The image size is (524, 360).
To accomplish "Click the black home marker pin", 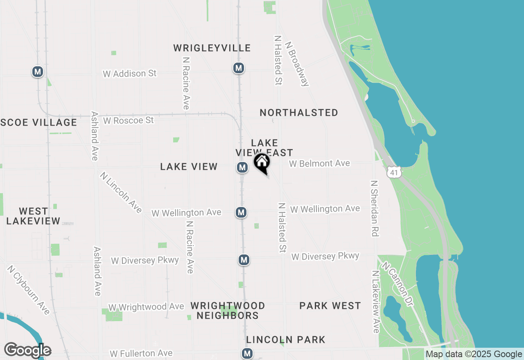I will [262, 163].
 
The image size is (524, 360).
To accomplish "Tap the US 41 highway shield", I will [393, 172].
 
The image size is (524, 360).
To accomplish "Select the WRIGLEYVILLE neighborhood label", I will [212, 48].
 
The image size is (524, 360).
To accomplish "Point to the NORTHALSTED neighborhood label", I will [299, 112].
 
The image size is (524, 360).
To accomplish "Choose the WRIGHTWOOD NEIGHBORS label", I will [228, 310].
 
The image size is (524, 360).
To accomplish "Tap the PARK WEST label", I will [330, 306].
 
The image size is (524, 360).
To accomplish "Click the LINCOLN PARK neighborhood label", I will [286, 340].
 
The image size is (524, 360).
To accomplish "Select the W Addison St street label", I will [130, 74].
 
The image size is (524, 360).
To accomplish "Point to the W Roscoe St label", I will [128, 120].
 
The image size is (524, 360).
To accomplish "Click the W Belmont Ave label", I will [319, 164].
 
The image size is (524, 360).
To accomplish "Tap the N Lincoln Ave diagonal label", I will [121, 192].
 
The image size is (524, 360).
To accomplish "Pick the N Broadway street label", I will [297, 63].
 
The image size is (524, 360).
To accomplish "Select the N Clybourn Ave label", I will [28, 290].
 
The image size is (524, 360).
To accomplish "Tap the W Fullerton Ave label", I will [141, 353].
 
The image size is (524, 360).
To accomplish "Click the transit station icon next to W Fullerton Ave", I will [247, 353].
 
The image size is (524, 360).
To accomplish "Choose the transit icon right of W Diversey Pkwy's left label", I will [244, 260].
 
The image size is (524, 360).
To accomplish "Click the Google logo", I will [27, 350].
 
